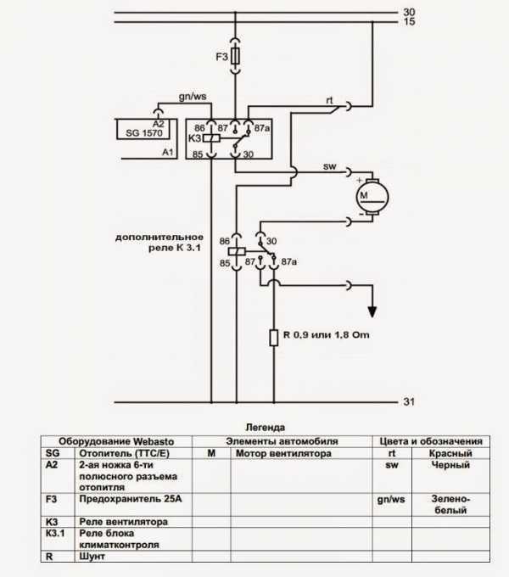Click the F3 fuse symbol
[x=235, y=56]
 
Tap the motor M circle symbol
[x=372, y=197]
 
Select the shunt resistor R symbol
[x=274, y=338]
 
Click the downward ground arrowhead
[x=372, y=312]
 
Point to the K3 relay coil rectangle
[x=211, y=138]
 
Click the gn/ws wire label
[x=193, y=97]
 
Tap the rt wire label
[x=329, y=100]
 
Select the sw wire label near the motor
[x=329, y=166]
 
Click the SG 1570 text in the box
[x=144, y=133]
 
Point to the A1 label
[x=168, y=152]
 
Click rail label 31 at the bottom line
[x=409, y=401]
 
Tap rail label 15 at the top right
[x=409, y=22]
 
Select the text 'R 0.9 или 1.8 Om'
[x=326, y=335]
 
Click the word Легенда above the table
[x=265, y=427]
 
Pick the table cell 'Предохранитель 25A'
[x=131, y=499]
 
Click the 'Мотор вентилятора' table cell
[x=283, y=453]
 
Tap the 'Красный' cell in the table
[x=450, y=453]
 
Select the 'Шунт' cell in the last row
[x=92, y=556]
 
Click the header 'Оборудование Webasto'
[x=116, y=441]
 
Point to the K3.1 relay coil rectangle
[x=237, y=252]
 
